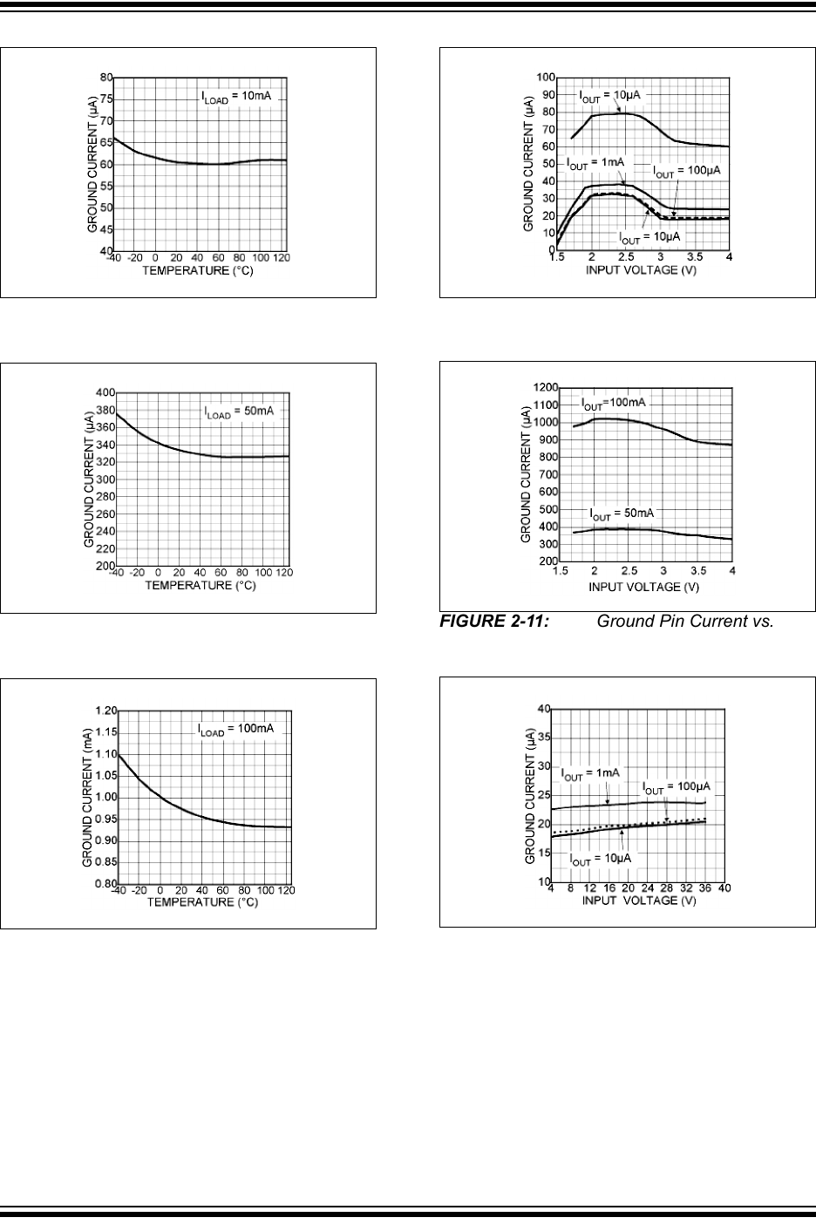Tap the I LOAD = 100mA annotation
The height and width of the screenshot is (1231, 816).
click(x=237, y=728)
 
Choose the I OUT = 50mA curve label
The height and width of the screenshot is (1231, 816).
click(x=621, y=513)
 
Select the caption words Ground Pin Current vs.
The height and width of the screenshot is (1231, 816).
click(x=685, y=623)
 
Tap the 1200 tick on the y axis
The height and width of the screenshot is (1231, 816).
click(x=547, y=387)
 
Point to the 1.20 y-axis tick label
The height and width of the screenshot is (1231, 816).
click(x=105, y=711)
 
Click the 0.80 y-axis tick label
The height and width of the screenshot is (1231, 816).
click(x=105, y=884)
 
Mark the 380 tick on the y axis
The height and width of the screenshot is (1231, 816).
click(x=105, y=411)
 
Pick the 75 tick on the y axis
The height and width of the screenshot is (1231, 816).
click(x=105, y=99)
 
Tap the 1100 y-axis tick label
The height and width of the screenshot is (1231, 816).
click(x=547, y=405)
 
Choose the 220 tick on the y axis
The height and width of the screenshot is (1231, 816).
click(x=105, y=549)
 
